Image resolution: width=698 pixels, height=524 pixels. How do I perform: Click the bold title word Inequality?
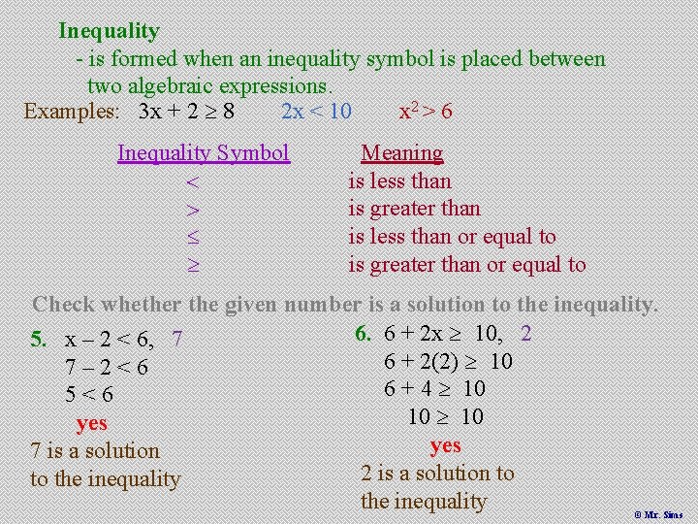click(109, 31)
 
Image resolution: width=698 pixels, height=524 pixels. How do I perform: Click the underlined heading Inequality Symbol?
click(204, 153)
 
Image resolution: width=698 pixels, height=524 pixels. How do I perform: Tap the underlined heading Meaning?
click(401, 153)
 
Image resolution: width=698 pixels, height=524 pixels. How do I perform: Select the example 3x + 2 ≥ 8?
click(185, 111)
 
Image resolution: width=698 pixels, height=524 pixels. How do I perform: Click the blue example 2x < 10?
click(316, 111)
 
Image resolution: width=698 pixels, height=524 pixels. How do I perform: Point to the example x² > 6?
click(426, 111)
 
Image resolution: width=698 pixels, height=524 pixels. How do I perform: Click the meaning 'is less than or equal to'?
click(452, 237)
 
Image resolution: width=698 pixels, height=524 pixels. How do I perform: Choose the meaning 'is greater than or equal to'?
click(466, 265)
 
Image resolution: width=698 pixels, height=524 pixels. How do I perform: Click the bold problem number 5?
click(38, 340)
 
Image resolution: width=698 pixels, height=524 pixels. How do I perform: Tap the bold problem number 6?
click(364, 334)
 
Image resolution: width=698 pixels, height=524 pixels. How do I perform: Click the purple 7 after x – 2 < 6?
click(176, 340)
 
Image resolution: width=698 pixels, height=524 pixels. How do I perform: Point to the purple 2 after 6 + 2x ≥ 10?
click(525, 334)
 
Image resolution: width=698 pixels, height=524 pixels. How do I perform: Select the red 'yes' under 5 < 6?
click(91, 423)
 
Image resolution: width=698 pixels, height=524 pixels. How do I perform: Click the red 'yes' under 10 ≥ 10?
click(445, 445)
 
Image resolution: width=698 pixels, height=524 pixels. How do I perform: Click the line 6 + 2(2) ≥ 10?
click(448, 362)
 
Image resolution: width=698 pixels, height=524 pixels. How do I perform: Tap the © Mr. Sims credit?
click(658, 514)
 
